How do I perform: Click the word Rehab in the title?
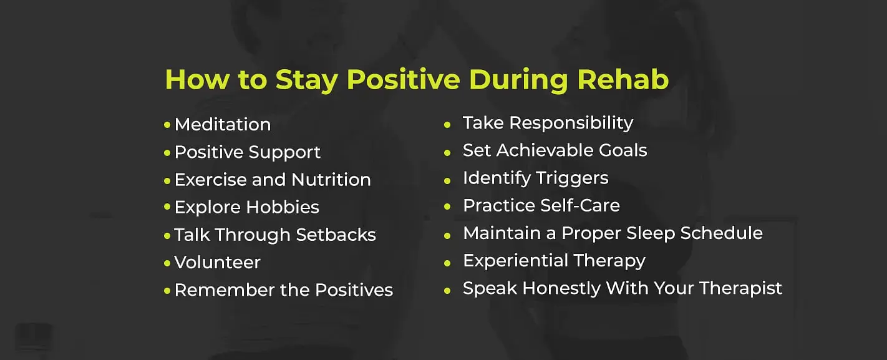pyautogui.click(x=623, y=80)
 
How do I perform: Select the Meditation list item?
pyautogui.click(x=223, y=124)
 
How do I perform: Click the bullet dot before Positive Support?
pyautogui.click(x=167, y=152)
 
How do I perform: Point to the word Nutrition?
pyautogui.click(x=331, y=180)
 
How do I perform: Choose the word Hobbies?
pyautogui.click(x=283, y=207)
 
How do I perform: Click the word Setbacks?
pyautogui.click(x=336, y=235)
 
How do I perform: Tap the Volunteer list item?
pyautogui.click(x=218, y=262)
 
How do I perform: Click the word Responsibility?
pyautogui.click(x=571, y=123)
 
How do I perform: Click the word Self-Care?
pyautogui.click(x=580, y=205)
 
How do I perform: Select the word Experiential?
pyautogui.click(x=515, y=261)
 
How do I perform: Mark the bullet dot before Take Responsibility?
pyautogui.click(x=447, y=125)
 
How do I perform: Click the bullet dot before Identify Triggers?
pyautogui.click(x=447, y=180)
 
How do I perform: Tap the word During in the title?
pyautogui.click(x=518, y=80)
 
